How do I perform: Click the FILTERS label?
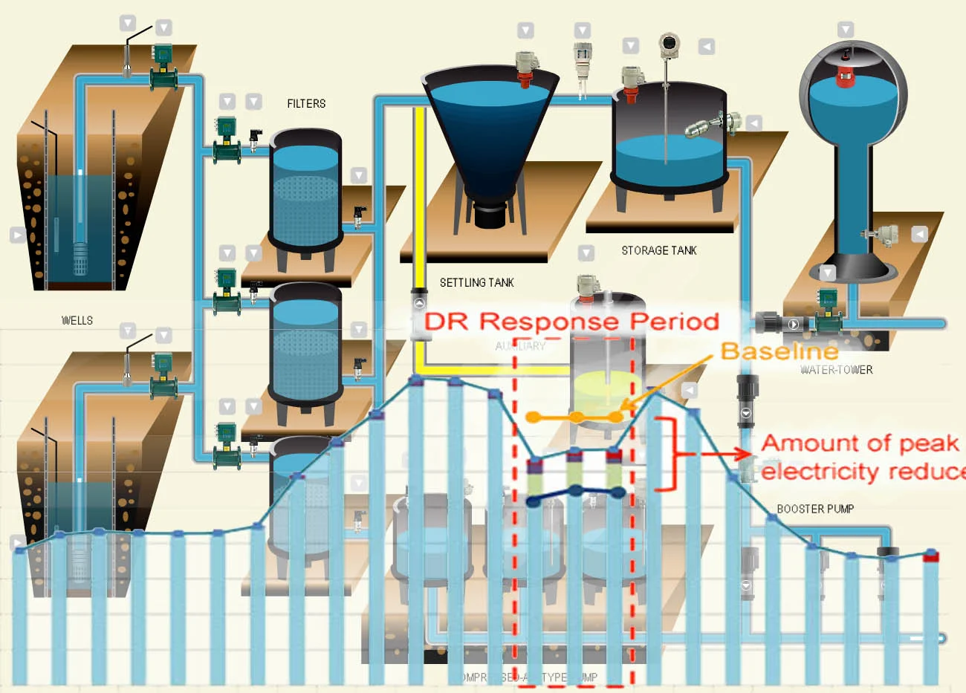pyautogui.click(x=306, y=104)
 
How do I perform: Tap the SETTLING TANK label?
pyautogui.click(x=476, y=282)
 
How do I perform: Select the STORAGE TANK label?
pyautogui.click(x=659, y=250)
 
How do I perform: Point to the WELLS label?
pyautogui.click(x=77, y=321)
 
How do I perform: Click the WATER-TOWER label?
pyautogui.click(x=836, y=370)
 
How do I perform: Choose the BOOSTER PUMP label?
pyautogui.click(x=815, y=509)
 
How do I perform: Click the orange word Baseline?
pyautogui.click(x=779, y=351)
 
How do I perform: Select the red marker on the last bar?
pyautogui.click(x=931, y=556)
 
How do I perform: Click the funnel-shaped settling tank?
pyautogui.click(x=488, y=134)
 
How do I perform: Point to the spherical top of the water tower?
pyautogui.click(x=853, y=89)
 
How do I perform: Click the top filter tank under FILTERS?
pyautogui.click(x=305, y=189)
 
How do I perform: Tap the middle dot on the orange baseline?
pyautogui.click(x=576, y=417)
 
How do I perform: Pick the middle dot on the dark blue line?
pyautogui.click(x=576, y=491)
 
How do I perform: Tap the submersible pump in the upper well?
pyautogui.click(x=80, y=256)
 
